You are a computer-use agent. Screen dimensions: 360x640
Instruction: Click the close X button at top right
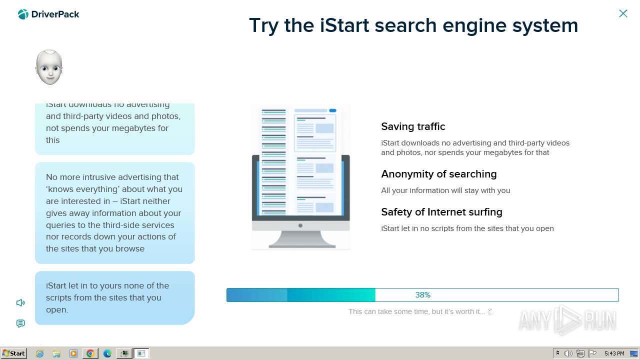[623, 13]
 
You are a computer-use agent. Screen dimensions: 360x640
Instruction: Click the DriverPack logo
[48, 14]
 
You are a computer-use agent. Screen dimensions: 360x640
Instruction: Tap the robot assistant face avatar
[49, 67]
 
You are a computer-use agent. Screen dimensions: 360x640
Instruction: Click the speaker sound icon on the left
[20, 302]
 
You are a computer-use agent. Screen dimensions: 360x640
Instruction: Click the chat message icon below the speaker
[20, 323]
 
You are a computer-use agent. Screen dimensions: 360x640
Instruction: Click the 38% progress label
[422, 295]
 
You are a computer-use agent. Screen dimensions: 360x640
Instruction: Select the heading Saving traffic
[413, 126]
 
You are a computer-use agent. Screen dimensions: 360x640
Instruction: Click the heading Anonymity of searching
[438, 174]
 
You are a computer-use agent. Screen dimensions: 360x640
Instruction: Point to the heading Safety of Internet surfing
[441, 212]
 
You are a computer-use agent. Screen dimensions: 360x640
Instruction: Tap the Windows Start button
[14, 353]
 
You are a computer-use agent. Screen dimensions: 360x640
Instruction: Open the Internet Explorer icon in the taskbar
[40, 353]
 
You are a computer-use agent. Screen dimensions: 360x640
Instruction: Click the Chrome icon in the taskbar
[90, 353]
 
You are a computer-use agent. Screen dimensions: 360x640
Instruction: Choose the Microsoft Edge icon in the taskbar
[107, 353]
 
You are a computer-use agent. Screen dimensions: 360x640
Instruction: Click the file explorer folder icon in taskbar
[56, 353]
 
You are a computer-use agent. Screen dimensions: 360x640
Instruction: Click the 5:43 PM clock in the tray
[614, 353]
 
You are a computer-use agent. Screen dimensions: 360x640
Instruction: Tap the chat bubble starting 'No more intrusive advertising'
[114, 213]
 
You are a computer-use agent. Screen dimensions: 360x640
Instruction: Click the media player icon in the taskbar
[73, 353]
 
